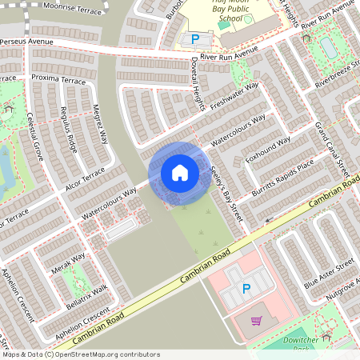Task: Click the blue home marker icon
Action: (180, 172)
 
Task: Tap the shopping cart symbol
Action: (256, 321)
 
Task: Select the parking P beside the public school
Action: (194, 38)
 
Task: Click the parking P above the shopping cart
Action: (246, 289)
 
